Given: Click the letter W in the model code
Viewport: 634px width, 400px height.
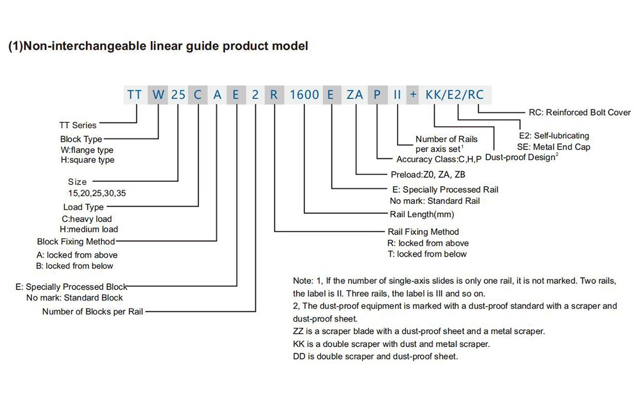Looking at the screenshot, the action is pyautogui.click(x=158, y=94).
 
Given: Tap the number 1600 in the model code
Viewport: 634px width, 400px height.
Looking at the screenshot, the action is pyautogui.click(x=304, y=94).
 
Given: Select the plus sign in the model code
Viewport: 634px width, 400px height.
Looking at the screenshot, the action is pyautogui.click(x=413, y=94).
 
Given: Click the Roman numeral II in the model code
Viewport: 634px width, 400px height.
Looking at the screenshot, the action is pyautogui.click(x=397, y=94).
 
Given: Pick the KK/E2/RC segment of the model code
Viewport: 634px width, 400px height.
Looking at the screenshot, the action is pyautogui.click(x=454, y=94).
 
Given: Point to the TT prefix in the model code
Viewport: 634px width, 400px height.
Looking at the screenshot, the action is pyautogui.click(x=135, y=94).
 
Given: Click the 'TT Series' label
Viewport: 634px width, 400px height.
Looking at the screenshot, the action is pyautogui.click(x=78, y=125).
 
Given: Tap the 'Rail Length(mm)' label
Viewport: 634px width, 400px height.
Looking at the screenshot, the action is pyautogui.click(x=422, y=214).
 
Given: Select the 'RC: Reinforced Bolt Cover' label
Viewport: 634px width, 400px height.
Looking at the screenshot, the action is pyautogui.click(x=579, y=112).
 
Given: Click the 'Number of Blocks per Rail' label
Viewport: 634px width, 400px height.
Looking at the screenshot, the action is pyautogui.click(x=92, y=312).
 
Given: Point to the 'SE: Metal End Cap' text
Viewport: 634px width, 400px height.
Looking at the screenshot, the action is pyautogui.click(x=553, y=147).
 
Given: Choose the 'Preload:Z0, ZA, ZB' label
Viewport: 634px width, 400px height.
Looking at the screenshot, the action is pyautogui.click(x=428, y=174).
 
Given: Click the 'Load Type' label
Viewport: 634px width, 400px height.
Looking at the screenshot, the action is pyautogui.click(x=83, y=207).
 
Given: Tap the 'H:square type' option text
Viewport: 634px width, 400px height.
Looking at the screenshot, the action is pyautogui.click(x=87, y=159).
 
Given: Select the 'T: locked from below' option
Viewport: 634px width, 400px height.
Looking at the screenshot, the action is pyautogui.click(x=427, y=254).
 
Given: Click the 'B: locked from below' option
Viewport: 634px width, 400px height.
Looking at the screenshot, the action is pyautogui.click(x=75, y=266).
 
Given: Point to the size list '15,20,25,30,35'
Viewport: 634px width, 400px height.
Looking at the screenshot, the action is pyautogui.click(x=97, y=193).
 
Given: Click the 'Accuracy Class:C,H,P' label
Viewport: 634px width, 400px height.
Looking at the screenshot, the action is pyautogui.click(x=439, y=159).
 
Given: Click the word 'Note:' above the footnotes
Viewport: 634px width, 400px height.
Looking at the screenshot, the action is pyautogui.click(x=303, y=281).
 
